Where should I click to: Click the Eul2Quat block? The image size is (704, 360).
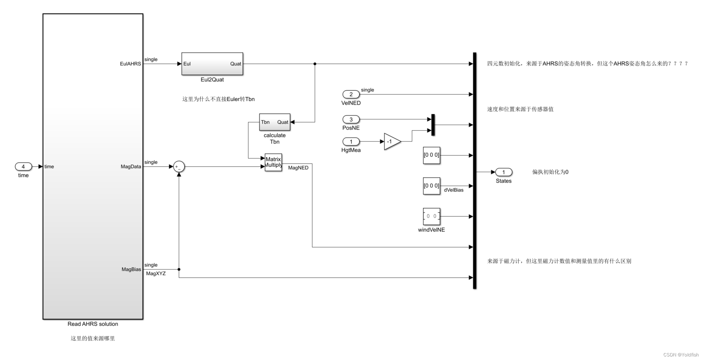[x=212, y=64]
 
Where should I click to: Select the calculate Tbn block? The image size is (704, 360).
[x=274, y=122]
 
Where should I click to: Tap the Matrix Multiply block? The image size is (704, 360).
[x=273, y=162]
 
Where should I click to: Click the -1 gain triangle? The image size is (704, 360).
[x=392, y=141]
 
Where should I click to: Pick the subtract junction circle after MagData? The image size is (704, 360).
[x=179, y=167]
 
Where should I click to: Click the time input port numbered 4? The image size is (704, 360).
[x=23, y=167]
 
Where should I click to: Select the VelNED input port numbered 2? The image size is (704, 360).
[x=351, y=94]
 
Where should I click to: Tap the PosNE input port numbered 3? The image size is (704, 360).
[x=351, y=119]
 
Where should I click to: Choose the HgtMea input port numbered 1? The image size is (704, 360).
[x=351, y=141]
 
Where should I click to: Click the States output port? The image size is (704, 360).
[x=504, y=172]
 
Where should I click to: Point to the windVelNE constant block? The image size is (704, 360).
[x=431, y=216]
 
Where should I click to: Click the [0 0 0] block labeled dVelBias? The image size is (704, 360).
[x=431, y=186]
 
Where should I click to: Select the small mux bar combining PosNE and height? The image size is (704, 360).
[x=433, y=125]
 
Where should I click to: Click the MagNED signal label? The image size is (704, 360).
[x=298, y=168]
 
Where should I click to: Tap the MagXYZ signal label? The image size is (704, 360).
[x=156, y=274]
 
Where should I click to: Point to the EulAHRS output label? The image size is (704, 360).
[x=130, y=64]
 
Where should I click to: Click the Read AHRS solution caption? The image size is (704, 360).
[x=93, y=324]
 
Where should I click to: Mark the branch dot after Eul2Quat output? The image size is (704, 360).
[x=315, y=64]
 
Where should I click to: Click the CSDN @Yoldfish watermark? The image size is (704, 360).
[x=681, y=355]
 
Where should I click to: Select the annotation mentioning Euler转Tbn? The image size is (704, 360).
[x=218, y=99]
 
